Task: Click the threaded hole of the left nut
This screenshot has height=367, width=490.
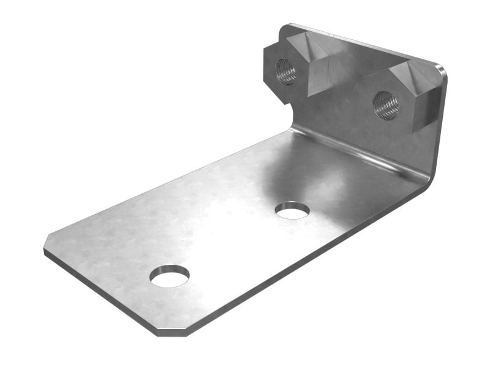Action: click(x=286, y=72)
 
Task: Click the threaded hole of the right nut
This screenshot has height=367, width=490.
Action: click(x=386, y=105)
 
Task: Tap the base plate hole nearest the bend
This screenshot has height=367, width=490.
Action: click(x=292, y=210)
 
